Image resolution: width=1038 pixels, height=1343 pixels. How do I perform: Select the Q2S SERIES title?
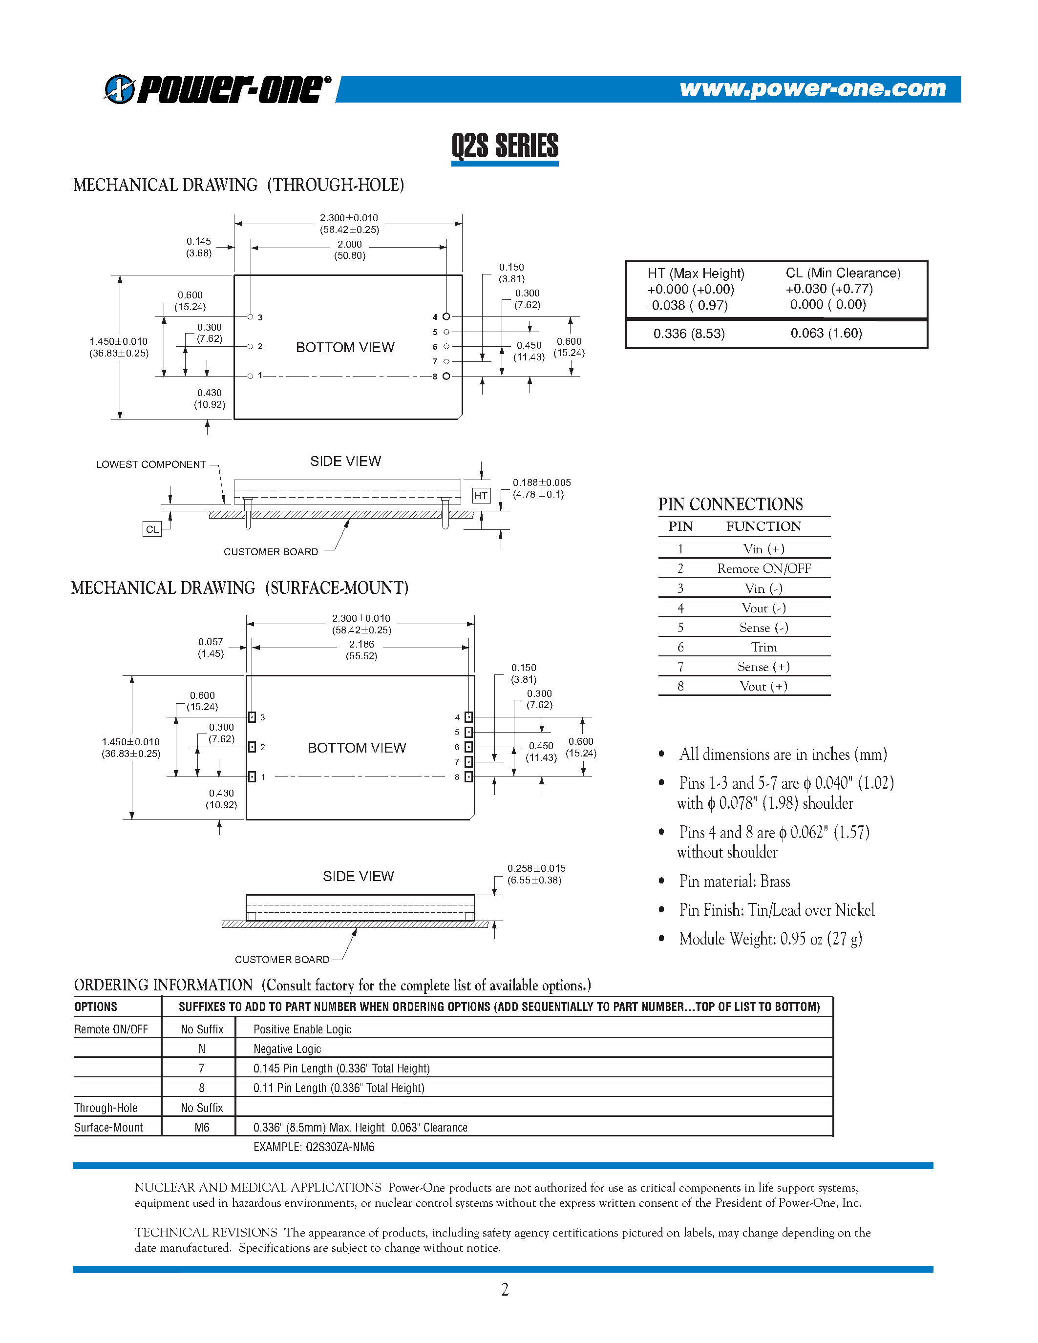click(x=505, y=147)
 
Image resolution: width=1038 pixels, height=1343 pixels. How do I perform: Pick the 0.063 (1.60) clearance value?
click(x=826, y=333)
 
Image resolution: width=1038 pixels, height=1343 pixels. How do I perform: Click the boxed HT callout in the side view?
click(x=481, y=496)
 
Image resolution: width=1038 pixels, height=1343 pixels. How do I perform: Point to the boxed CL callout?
click(x=152, y=529)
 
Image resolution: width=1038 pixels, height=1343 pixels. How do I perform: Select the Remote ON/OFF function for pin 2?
click(x=764, y=569)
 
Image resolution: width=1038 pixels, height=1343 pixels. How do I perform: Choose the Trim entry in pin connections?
click(x=764, y=648)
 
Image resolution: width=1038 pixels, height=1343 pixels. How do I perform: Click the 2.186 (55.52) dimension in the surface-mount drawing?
click(x=361, y=650)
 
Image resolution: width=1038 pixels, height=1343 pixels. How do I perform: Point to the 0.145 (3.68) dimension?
click(x=199, y=247)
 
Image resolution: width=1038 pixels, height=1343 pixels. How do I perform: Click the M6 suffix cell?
click(x=202, y=1127)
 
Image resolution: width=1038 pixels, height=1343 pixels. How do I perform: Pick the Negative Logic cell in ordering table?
click(x=287, y=1049)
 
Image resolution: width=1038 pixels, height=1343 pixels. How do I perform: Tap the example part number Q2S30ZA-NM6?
click(x=314, y=1147)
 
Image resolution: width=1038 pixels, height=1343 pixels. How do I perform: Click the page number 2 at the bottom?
click(x=505, y=1289)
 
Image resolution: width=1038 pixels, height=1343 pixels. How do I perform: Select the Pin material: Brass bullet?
click(x=734, y=881)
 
